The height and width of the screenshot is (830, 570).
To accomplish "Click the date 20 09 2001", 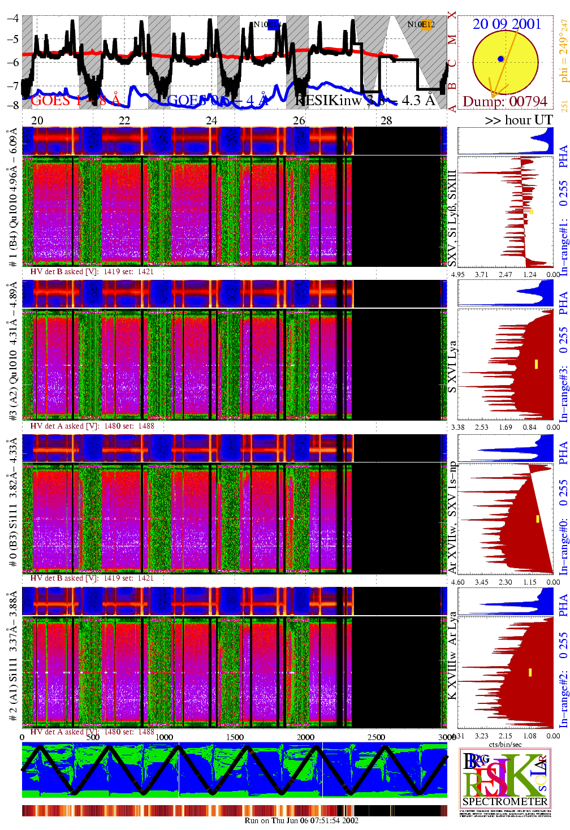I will click(x=507, y=24).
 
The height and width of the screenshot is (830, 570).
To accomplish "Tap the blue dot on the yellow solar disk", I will click(x=500, y=59).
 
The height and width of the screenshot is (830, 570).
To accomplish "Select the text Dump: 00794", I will click(x=505, y=101).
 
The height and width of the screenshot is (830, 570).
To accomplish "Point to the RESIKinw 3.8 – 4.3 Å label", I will click(x=365, y=100).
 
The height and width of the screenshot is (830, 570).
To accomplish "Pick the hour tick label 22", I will click(x=124, y=120).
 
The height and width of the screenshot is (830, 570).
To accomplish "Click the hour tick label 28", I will click(x=386, y=120).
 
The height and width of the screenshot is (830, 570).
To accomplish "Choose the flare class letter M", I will click(x=451, y=40).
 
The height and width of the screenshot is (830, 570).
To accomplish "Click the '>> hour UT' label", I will click(x=518, y=120).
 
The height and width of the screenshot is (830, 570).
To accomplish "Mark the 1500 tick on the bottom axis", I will click(x=235, y=737).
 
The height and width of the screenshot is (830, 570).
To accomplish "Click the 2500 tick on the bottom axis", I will click(x=376, y=737).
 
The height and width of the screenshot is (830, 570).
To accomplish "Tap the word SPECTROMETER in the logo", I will click(x=505, y=801).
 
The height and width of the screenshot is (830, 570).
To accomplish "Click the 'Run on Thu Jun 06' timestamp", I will click(x=301, y=820).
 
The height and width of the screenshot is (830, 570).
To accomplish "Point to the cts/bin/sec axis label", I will click(x=505, y=745).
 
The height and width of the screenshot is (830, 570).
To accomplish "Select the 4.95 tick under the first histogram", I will click(x=457, y=275).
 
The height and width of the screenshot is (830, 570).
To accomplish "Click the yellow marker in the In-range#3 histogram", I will click(x=536, y=364).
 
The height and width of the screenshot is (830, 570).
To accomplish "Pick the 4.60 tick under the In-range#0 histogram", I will click(x=457, y=582).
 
